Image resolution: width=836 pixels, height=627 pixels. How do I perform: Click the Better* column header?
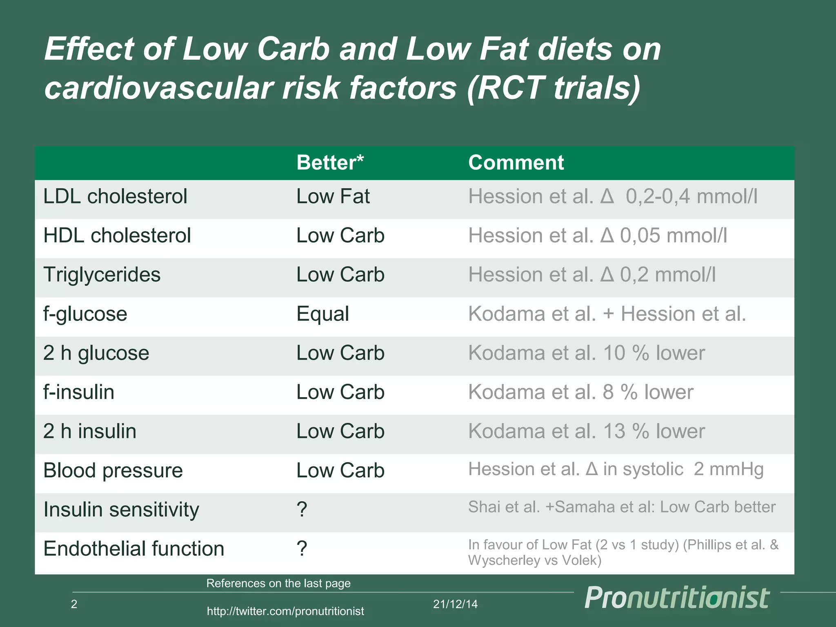click(x=330, y=162)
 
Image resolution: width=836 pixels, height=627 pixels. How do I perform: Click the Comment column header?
click(x=516, y=162)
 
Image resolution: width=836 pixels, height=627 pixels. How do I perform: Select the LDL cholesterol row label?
click(x=115, y=196)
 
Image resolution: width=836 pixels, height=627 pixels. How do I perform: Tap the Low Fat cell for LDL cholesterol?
click(x=333, y=196)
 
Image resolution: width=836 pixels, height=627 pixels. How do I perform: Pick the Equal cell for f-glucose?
click(x=322, y=314)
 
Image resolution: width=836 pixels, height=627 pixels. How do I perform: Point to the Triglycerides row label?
click(x=102, y=275)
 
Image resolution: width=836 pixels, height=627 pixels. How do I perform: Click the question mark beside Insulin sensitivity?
click(x=302, y=509)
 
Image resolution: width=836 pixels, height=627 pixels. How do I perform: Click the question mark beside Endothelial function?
click(x=302, y=548)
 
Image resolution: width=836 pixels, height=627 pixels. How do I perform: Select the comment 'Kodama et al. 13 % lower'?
click(x=586, y=431)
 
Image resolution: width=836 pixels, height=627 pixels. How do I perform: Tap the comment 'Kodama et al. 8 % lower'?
click(x=580, y=392)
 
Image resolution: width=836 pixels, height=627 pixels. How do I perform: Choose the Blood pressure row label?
click(x=113, y=471)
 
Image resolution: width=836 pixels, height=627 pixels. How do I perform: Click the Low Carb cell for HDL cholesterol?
click(x=340, y=236)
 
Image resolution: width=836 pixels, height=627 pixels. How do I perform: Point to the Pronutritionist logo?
click(x=677, y=598)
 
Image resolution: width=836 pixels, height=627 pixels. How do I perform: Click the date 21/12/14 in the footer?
click(x=455, y=604)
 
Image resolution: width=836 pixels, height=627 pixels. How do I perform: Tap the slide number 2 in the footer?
click(x=74, y=604)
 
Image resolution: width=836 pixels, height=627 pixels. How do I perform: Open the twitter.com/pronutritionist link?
click(x=285, y=611)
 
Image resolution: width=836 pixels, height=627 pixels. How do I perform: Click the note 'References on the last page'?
click(x=278, y=583)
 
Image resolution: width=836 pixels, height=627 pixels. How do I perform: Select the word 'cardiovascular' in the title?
click(x=158, y=88)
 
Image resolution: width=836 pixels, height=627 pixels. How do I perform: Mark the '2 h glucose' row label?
click(x=96, y=353)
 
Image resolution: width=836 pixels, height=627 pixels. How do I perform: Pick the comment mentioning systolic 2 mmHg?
click(x=616, y=469)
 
